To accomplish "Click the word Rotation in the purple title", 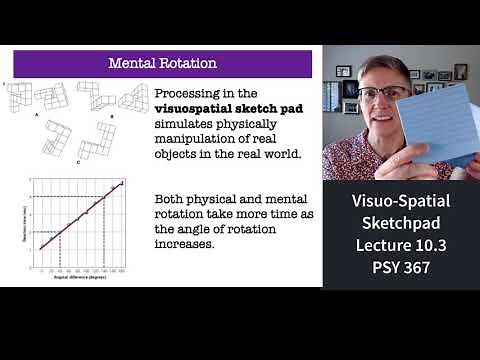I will [x=188, y=64].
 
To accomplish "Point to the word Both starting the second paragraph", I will [x=171, y=200].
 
